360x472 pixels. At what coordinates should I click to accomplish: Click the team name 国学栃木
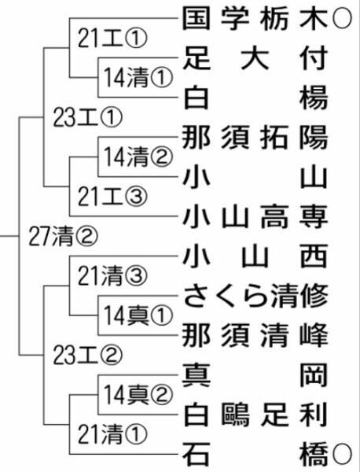(x=255, y=19)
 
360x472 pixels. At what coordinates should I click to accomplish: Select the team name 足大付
(x=255, y=58)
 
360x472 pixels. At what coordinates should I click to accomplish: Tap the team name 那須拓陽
(x=255, y=138)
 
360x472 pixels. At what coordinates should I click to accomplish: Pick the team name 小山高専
(x=255, y=216)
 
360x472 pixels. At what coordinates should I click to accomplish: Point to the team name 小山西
(x=255, y=256)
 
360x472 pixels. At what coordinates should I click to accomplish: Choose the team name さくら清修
(x=255, y=296)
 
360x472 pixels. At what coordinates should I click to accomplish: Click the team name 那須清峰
(x=255, y=335)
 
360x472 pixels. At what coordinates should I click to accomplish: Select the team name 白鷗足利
(x=255, y=415)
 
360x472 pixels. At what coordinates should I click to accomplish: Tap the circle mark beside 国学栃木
(x=342, y=19)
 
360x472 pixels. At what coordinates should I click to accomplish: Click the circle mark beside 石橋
(x=342, y=454)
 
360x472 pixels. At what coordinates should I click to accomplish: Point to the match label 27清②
(x=63, y=236)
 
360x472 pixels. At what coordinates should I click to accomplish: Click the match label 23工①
(x=88, y=117)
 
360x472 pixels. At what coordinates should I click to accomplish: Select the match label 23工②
(x=88, y=356)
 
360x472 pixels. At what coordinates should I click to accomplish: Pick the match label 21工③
(x=112, y=197)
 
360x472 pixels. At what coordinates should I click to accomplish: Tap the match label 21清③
(x=112, y=276)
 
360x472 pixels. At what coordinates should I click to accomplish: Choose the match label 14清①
(x=138, y=78)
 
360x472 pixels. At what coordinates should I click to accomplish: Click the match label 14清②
(x=138, y=157)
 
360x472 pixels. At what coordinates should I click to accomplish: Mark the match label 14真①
(x=138, y=315)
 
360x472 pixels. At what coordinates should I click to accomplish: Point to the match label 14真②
(x=138, y=395)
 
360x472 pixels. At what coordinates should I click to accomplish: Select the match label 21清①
(x=112, y=434)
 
